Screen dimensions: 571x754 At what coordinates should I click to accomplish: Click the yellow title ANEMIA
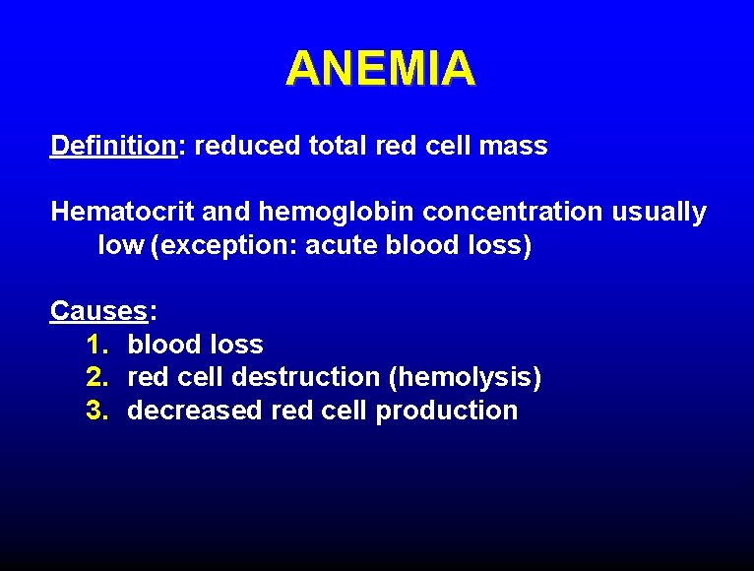click(x=380, y=69)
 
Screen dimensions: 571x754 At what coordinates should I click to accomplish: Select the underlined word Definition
click(x=112, y=147)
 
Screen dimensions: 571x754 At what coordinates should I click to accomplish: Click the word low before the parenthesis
click(x=120, y=245)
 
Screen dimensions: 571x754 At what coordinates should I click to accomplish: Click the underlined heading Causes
click(x=98, y=311)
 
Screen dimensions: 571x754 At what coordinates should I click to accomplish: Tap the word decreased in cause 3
click(x=195, y=411)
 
